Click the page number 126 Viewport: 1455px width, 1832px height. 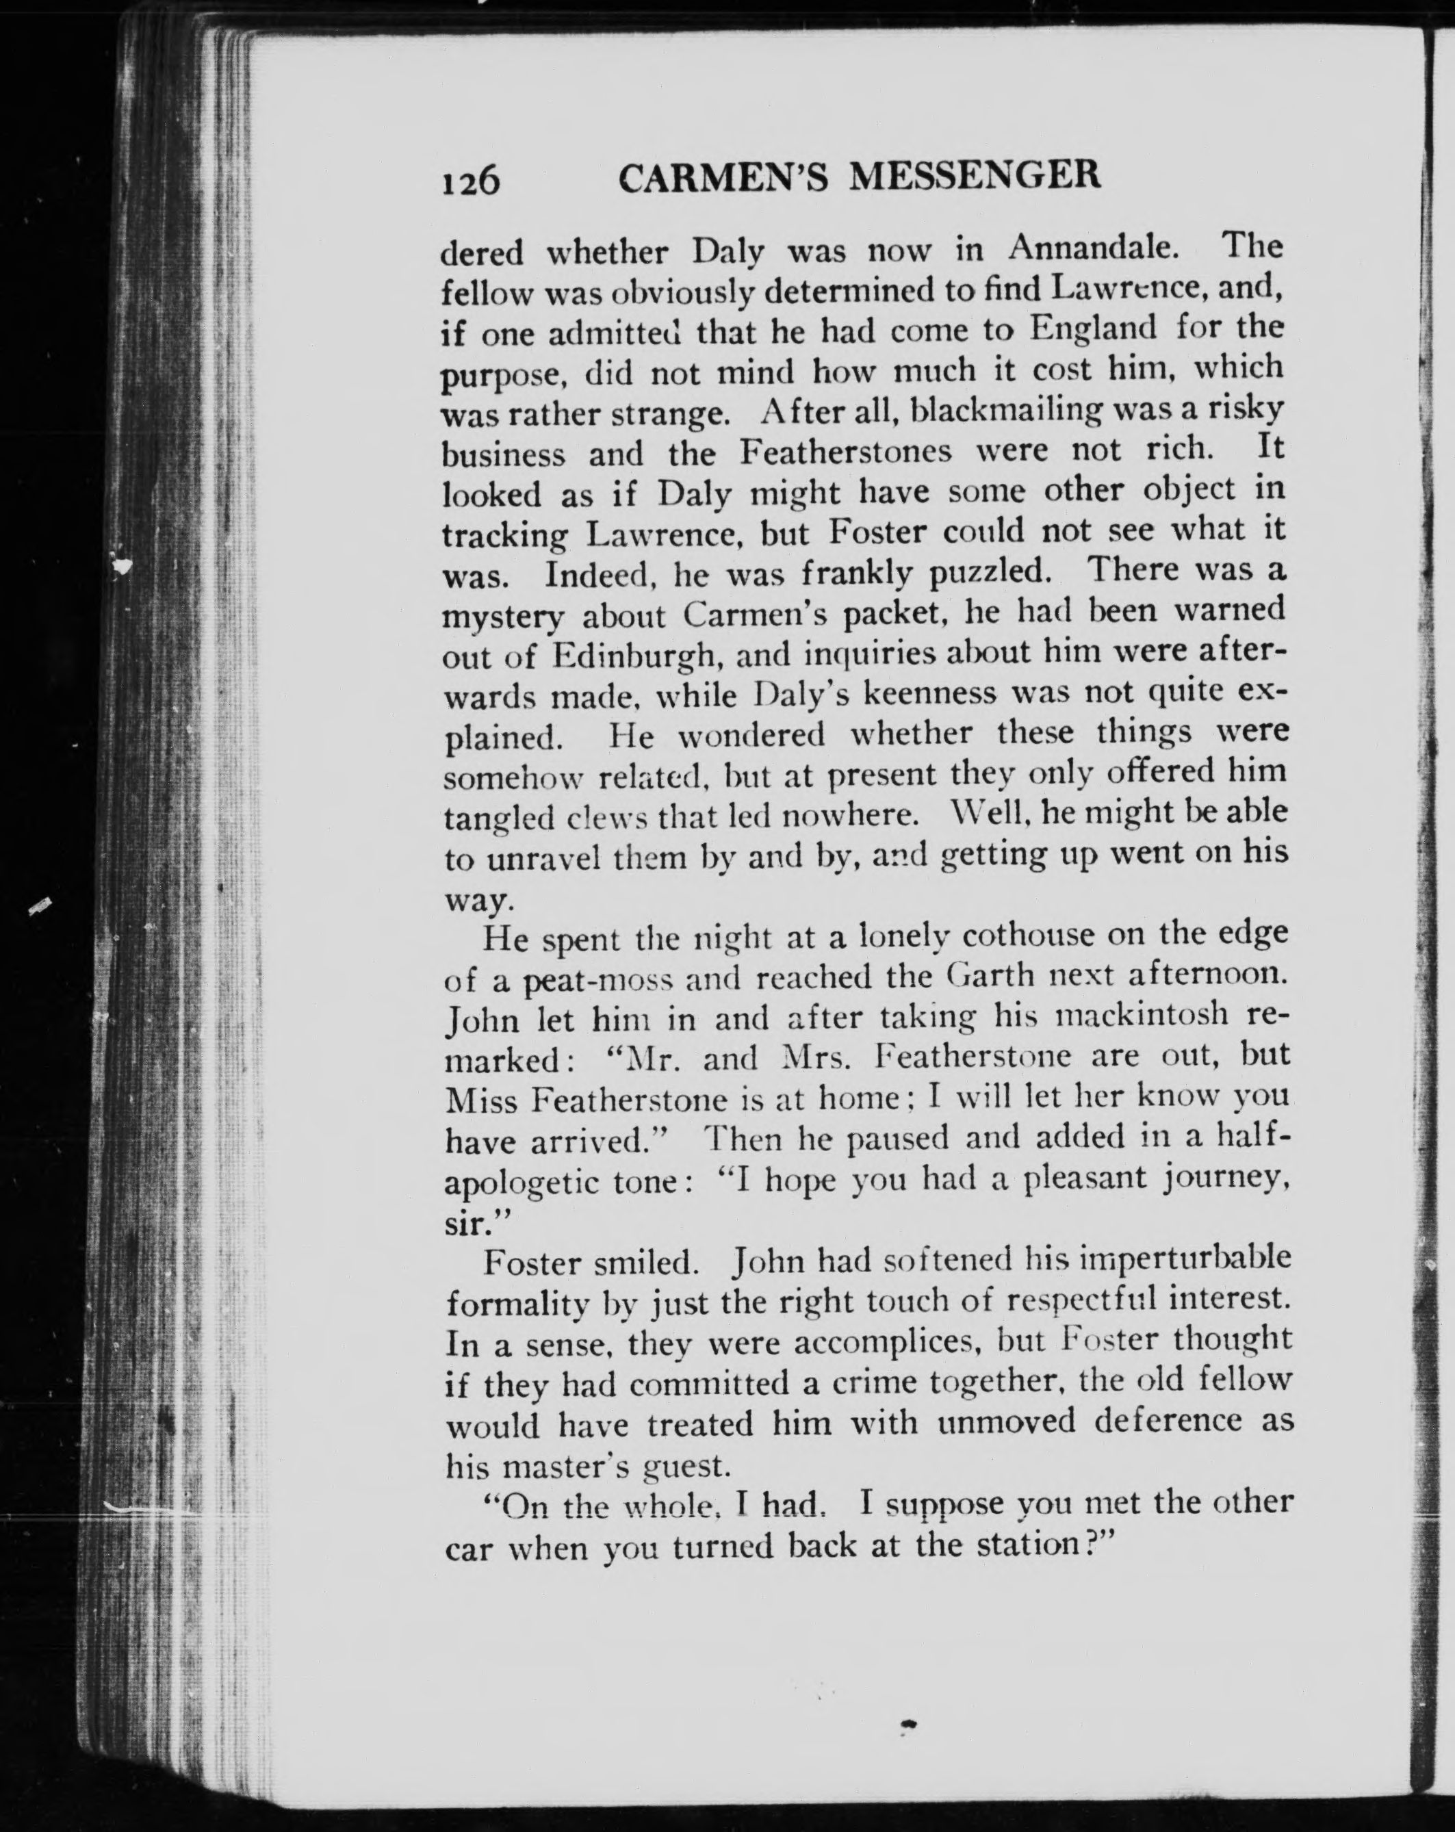470,181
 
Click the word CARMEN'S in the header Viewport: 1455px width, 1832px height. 723,177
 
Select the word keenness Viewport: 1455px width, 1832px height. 930,693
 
